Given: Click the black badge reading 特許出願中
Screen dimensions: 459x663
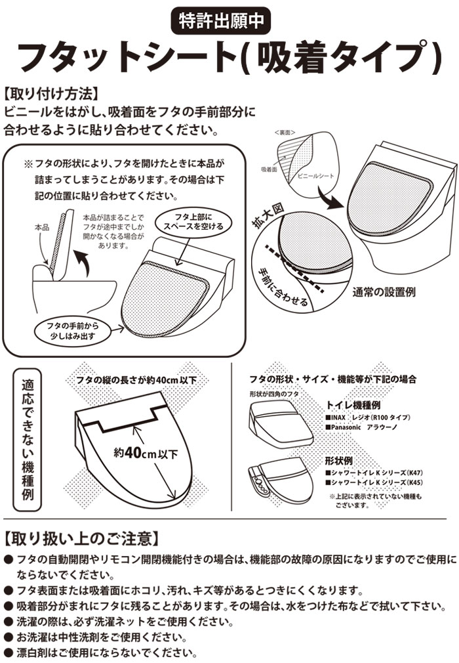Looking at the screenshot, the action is click(x=220, y=20).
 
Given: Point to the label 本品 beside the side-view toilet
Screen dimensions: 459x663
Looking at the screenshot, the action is click(x=42, y=228).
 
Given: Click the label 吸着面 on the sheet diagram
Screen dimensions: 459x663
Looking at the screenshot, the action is click(x=269, y=169).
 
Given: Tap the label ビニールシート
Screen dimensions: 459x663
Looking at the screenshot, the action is click(x=315, y=175).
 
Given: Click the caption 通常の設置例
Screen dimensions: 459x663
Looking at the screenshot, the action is click(x=384, y=291).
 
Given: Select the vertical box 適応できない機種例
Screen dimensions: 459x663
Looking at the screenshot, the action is click(x=28, y=439).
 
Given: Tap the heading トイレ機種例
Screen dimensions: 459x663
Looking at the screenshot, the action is click(x=353, y=404).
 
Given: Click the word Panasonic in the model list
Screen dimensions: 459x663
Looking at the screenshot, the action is click(x=346, y=427).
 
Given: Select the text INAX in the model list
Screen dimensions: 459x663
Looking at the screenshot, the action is click(x=338, y=417).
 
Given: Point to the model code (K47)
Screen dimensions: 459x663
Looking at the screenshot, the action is click(x=415, y=473).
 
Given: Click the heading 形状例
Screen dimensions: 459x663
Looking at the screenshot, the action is click(x=338, y=460).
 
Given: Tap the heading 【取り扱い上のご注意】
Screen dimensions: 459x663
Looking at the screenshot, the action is click(x=82, y=538).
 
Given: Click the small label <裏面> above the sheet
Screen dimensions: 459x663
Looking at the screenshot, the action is click(x=285, y=133).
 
